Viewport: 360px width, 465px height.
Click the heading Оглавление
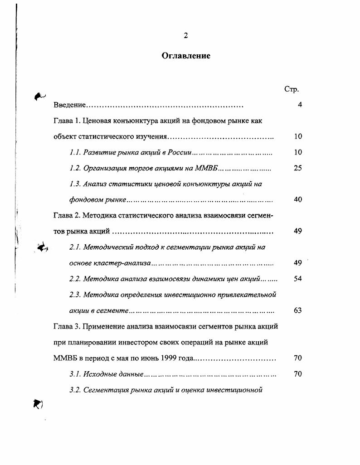[186, 56]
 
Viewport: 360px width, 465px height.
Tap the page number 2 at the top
[186, 36]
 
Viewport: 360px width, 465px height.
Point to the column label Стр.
[291, 89]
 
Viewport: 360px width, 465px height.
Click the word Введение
[69, 105]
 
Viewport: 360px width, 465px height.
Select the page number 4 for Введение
[300, 105]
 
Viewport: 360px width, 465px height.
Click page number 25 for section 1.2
[298, 168]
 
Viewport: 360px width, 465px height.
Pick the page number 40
[298, 199]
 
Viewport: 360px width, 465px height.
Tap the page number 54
[298, 279]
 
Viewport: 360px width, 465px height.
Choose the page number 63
[298, 310]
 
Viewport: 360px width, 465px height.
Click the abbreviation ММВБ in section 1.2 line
[207, 168]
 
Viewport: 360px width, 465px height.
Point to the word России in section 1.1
[181, 153]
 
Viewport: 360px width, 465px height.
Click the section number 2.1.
[75, 247]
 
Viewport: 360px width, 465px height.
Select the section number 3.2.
[75, 390]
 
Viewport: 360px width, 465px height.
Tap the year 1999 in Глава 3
[168, 358]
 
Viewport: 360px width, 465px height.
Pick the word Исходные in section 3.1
[98, 374]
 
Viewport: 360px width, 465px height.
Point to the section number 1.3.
[75, 184]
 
